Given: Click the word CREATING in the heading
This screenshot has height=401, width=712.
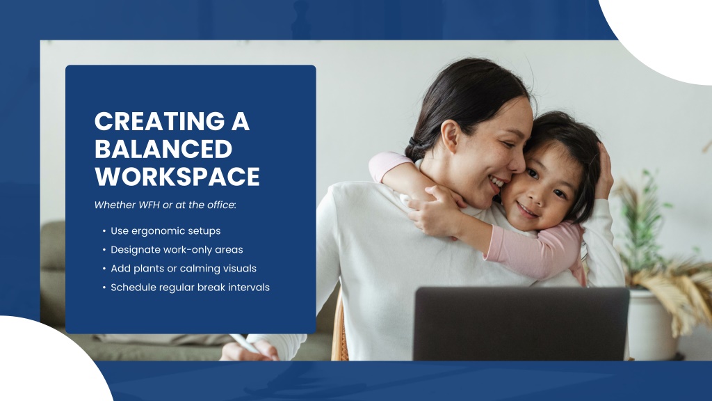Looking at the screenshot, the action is point(159,121).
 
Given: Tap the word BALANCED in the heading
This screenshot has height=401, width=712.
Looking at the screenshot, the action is point(163,149).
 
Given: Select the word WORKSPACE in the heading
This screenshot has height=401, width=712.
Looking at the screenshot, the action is point(177,176).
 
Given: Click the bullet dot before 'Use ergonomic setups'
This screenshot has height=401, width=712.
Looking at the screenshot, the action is point(104,231).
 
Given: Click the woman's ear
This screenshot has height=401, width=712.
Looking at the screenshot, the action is point(451,136).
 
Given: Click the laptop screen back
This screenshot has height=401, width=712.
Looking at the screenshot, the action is point(521,323).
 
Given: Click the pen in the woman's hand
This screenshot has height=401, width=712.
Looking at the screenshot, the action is point(245,343).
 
